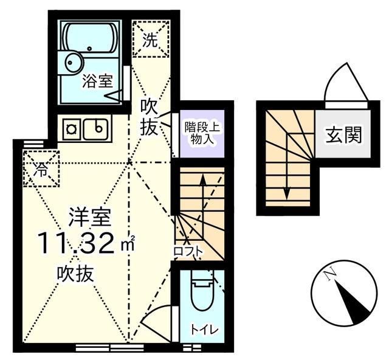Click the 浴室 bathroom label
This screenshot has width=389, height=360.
tap(98, 81)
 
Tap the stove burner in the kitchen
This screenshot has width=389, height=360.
tap(72, 128)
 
